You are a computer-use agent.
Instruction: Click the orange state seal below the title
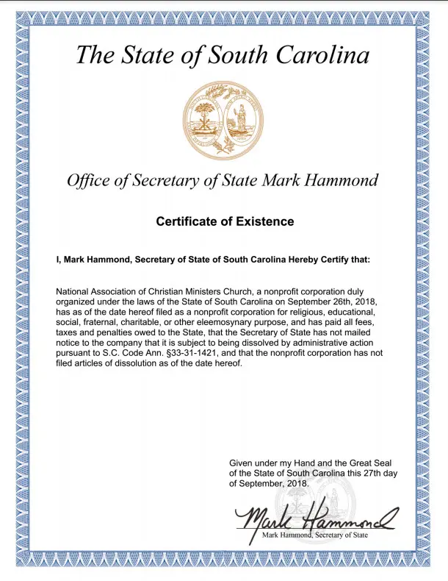click(x=223, y=112)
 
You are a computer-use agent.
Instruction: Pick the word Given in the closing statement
click(x=243, y=463)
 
